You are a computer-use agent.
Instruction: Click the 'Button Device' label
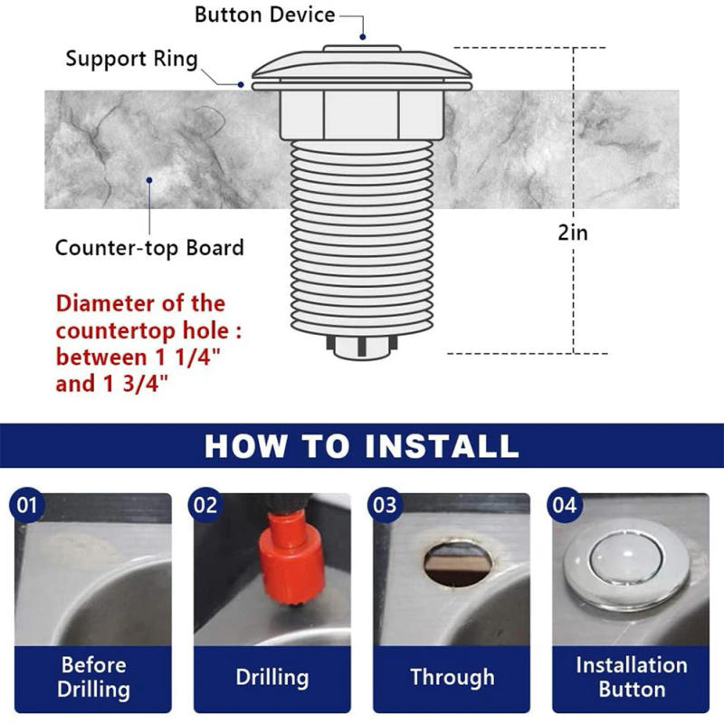(x=264, y=14)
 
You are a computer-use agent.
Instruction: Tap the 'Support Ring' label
(x=131, y=60)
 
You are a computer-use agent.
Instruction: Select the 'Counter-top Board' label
(x=149, y=247)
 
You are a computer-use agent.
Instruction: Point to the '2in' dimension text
(x=572, y=233)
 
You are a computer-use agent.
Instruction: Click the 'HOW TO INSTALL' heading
(x=362, y=445)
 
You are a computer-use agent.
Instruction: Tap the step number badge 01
(x=28, y=505)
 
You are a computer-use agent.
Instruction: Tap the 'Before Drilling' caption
(x=93, y=677)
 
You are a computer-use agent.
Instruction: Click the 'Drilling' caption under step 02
(x=272, y=677)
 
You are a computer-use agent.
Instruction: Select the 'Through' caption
(x=452, y=677)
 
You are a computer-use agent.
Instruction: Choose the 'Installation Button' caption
(x=631, y=677)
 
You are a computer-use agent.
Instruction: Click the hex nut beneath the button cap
(x=362, y=113)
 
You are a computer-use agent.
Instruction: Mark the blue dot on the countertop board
(x=149, y=179)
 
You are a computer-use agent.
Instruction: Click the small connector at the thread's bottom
(x=362, y=347)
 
